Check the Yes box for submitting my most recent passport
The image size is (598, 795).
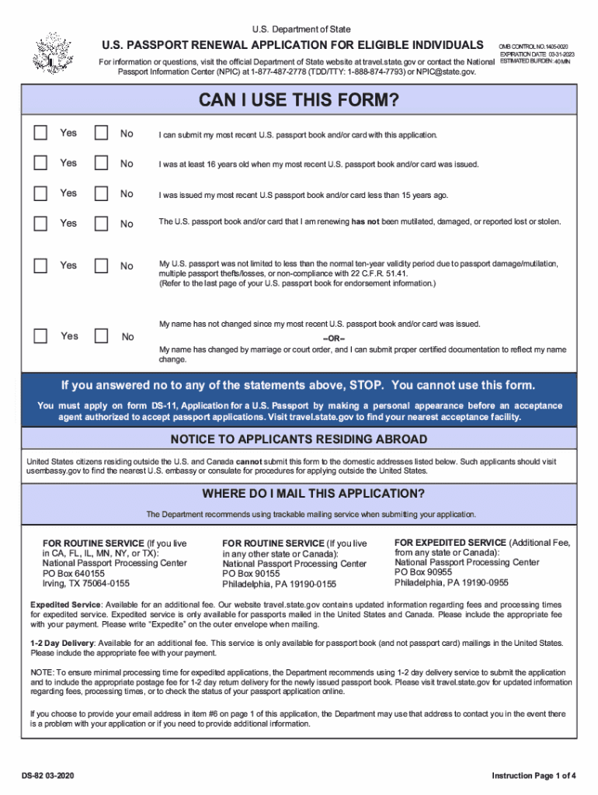40,133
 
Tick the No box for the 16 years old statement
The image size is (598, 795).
101,163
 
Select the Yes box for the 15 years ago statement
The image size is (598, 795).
40,193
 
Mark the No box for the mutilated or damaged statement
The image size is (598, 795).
101,223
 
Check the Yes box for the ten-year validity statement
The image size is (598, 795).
40,266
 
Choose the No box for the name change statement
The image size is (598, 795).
101,336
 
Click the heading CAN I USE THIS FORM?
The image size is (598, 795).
299,101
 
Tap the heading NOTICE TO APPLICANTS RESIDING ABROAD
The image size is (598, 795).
299,439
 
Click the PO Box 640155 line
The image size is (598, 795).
74,573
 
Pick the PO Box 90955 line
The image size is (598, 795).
424,572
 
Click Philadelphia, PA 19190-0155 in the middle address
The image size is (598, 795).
280,584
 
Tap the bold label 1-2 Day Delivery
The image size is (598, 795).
62,643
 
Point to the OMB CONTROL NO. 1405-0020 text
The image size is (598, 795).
533,47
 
